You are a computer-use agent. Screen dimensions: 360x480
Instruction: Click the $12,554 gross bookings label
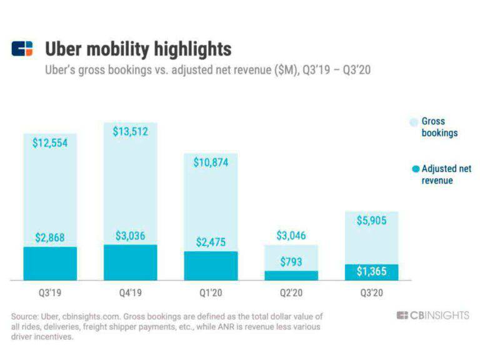coord(50,142)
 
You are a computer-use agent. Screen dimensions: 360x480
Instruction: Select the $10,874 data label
coord(211,162)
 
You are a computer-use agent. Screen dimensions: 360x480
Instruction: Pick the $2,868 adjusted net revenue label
coord(50,237)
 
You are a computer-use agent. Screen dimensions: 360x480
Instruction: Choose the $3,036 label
coord(130,236)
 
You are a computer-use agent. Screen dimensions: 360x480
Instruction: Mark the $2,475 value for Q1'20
coord(211,242)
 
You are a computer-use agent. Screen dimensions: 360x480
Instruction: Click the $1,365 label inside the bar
coord(371,271)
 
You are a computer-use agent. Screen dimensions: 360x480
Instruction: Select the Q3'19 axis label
coord(50,292)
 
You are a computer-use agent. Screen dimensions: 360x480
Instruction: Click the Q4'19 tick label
coord(130,292)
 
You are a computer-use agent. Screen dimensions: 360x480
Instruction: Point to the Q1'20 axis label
coord(211,292)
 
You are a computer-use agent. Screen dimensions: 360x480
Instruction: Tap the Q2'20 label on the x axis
coord(291,292)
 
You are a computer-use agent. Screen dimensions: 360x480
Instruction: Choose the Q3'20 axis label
coord(371,292)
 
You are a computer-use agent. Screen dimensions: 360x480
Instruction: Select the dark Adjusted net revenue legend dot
coord(415,169)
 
